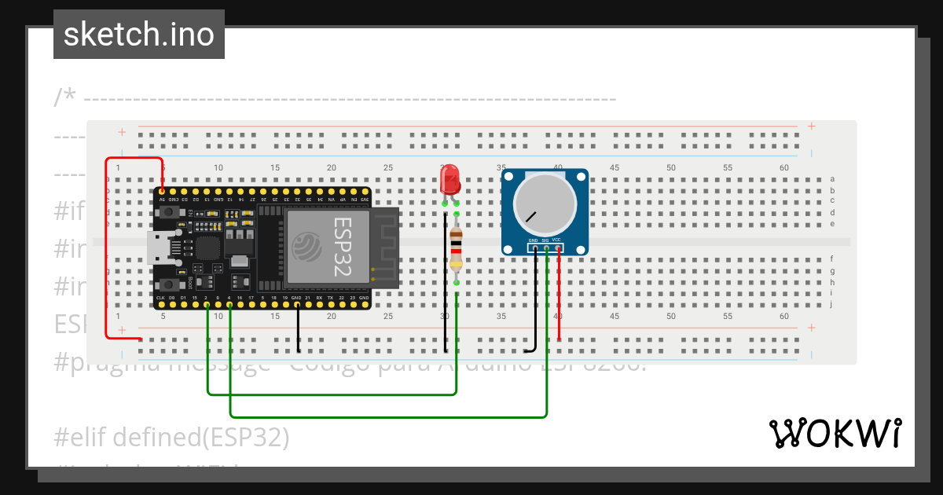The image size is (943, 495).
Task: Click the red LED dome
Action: [449, 179]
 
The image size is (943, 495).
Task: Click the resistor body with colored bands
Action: [457, 249]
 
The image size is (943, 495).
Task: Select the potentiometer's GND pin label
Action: [533, 240]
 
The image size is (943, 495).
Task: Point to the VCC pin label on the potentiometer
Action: [556, 240]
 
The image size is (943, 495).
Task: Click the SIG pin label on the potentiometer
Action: [545, 240]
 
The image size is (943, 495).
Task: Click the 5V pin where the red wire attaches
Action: [162, 191]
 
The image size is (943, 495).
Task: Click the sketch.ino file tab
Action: [139, 35]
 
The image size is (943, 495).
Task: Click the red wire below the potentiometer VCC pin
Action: [559, 299]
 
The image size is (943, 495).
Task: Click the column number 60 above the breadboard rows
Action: [784, 167]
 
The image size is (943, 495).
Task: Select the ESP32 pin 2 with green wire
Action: [207, 304]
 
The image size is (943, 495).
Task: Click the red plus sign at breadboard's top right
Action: [811, 126]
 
